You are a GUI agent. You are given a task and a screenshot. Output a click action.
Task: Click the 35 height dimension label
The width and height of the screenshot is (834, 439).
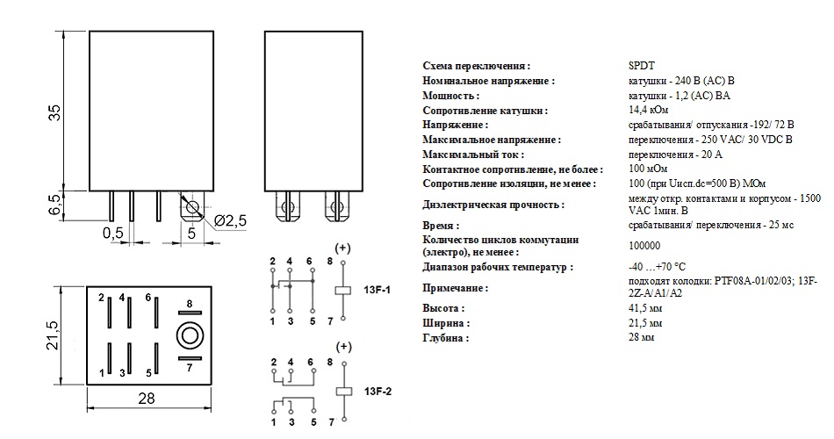[x=54, y=112]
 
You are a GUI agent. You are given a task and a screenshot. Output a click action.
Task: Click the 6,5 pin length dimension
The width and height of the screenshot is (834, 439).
[x=54, y=205]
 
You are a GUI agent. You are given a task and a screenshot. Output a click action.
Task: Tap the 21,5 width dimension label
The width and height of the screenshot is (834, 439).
[x=54, y=335]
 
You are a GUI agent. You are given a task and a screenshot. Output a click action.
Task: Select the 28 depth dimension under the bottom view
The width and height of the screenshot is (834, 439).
[x=147, y=399]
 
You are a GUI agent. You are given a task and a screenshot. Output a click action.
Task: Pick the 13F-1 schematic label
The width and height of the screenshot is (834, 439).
[x=376, y=288]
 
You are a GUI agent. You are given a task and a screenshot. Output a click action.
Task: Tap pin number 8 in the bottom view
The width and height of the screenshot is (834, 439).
[x=188, y=304]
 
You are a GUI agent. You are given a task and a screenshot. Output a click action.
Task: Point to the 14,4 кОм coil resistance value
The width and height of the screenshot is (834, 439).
[x=648, y=111]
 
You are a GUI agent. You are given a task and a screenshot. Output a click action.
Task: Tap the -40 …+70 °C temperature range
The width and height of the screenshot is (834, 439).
[x=657, y=267]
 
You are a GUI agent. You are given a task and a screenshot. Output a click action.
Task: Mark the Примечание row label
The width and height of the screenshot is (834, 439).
[x=455, y=288]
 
